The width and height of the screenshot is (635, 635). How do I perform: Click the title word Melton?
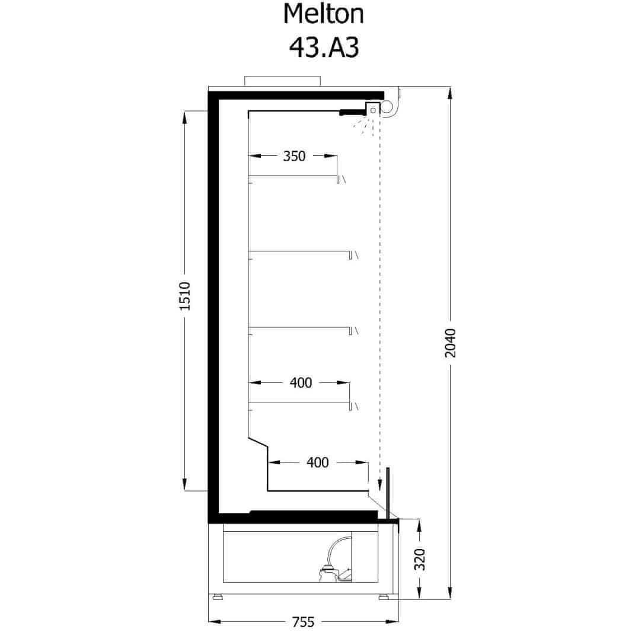pyautogui.click(x=323, y=14)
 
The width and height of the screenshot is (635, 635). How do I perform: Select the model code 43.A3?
pyautogui.click(x=324, y=47)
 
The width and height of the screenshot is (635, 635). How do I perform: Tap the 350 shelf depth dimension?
pyautogui.click(x=294, y=156)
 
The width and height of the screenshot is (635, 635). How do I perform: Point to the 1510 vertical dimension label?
pyautogui.click(x=184, y=296)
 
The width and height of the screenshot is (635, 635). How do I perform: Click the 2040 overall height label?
pyautogui.click(x=451, y=343)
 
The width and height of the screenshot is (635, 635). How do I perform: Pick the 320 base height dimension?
pyautogui.click(x=420, y=560)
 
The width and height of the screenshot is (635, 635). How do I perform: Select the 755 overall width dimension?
pyautogui.click(x=303, y=621)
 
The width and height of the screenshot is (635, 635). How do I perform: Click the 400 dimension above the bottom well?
pyautogui.click(x=318, y=462)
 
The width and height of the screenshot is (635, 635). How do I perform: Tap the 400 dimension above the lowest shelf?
pyautogui.click(x=301, y=382)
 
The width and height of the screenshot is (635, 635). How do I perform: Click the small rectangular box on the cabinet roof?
pyautogui.click(x=282, y=81)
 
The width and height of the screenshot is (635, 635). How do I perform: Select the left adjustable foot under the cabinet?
pyautogui.click(x=218, y=596)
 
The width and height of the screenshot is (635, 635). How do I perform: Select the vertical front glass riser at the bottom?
pyautogui.click(x=388, y=493)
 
